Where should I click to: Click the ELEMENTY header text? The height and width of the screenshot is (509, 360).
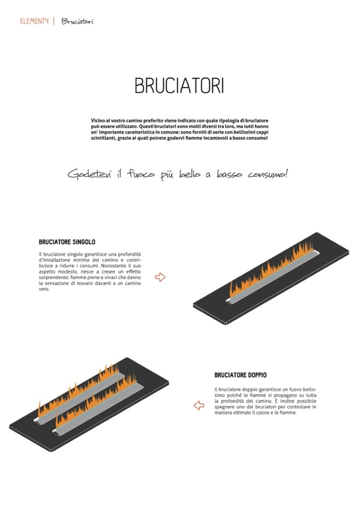click(x=34, y=21)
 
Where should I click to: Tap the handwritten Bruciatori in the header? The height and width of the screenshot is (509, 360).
click(x=78, y=21)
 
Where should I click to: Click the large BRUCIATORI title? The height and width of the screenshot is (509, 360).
click(x=179, y=85)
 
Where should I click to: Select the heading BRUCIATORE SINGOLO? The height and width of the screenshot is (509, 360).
click(x=67, y=242)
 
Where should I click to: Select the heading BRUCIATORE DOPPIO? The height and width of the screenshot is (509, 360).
click(x=241, y=375)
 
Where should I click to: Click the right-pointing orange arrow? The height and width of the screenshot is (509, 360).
click(x=160, y=277)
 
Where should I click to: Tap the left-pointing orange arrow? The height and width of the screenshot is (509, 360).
click(x=199, y=405)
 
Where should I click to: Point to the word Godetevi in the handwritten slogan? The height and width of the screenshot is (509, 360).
click(x=89, y=174)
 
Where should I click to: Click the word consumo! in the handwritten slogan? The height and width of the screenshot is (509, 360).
click(x=268, y=174)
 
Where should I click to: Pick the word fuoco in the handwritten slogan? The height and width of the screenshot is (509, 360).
click(x=141, y=174)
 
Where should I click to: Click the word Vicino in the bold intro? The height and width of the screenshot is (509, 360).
click(x=98, y=120)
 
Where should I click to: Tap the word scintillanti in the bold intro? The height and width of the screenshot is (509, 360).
click(x=102, y=138)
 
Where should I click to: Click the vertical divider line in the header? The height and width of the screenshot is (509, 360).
click(x=54, y=21)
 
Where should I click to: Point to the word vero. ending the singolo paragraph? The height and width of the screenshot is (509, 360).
click(x=44, y=289)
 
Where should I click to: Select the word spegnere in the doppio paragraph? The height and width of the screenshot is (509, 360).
click(x=224, y=407)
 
